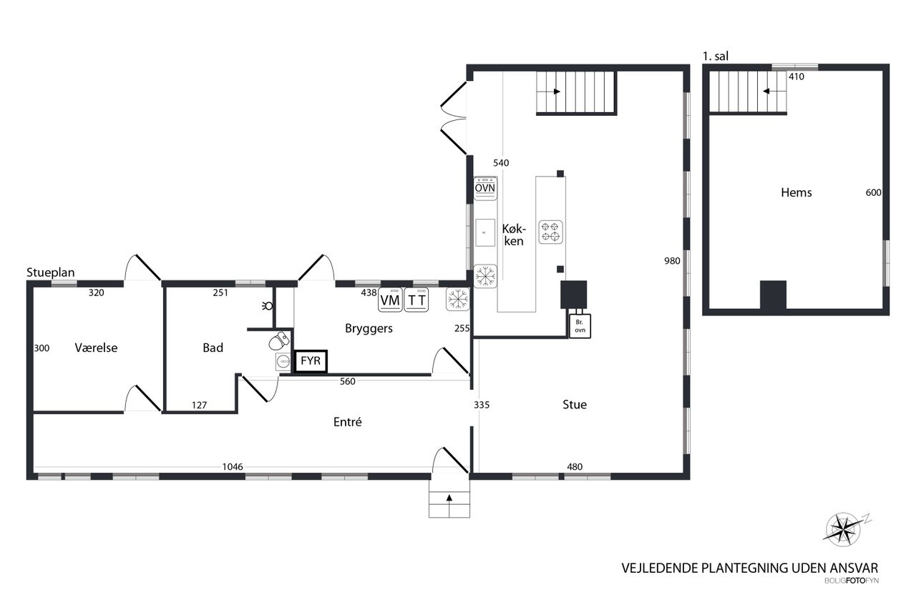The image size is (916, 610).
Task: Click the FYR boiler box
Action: pos(311,361)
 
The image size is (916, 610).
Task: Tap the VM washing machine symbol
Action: pos(390,300)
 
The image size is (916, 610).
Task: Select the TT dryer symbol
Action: pos(416,300)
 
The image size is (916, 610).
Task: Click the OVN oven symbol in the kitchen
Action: pos(485,187)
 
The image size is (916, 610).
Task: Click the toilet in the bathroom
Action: pos(278,343)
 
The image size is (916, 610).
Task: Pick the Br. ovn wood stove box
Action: pos(580,325)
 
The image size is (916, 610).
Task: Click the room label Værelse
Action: pos(96,348)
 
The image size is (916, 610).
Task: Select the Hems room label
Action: pos(796,192)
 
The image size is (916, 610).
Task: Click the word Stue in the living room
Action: pos(575,405)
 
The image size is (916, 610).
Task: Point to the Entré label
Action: pos(348,422)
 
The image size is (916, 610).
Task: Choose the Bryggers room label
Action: pos(369,329)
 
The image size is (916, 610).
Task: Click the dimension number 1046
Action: pos(233,467)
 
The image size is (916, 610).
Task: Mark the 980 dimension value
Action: pos(672,261)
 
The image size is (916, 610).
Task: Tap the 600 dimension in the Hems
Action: pos(873,192)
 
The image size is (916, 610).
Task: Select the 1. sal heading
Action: pos(715,56)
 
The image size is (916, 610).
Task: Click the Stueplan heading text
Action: pos(51,272)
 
